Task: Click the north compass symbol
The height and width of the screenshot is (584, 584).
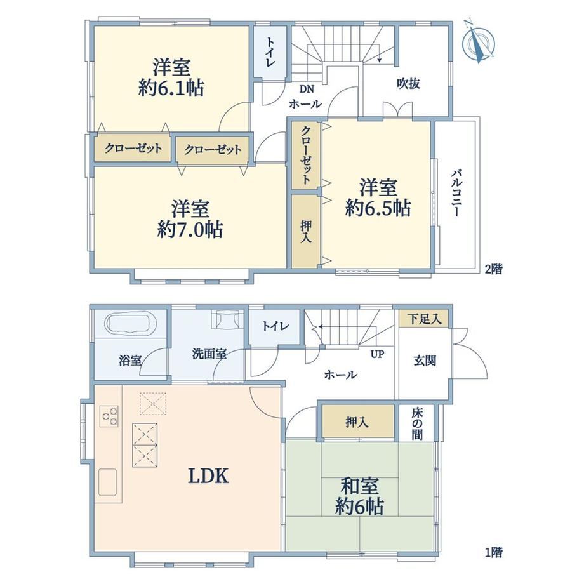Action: point(479,41)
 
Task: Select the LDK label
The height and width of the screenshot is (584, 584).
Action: point(208,475)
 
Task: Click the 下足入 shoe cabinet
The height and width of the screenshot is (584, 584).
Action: point(423,319)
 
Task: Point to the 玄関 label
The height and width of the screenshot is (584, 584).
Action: point(425,360)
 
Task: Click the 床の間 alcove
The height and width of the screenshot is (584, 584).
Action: point(417,423)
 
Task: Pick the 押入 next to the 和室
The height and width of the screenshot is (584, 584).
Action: point(357,421)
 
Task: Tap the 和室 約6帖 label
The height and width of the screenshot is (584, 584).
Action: point(359,496)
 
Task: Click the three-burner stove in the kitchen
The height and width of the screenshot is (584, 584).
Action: point(109,416)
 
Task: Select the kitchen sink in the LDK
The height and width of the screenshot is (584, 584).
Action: point(108,482)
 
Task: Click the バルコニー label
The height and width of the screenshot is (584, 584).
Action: point(457,192)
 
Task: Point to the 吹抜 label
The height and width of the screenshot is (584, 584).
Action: point(408,83)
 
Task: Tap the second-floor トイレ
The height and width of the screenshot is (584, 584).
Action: point(270,52)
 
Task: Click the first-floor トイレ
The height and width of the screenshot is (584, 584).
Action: point(274,326)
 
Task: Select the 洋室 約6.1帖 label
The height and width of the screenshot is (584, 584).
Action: point(171,77)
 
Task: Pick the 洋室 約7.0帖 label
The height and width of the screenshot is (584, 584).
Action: point(190,220)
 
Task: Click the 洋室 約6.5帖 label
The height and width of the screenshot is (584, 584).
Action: point(378,197)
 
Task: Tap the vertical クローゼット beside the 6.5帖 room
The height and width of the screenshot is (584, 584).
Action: point(305,155)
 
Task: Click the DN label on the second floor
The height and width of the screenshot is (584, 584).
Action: point(307,89)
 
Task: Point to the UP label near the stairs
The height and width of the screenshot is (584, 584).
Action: point(377,354)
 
